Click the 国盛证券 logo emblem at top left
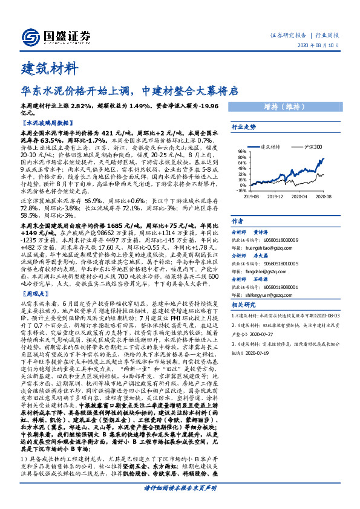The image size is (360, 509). [30, 36]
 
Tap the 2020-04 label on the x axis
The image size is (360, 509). [299, 196]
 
